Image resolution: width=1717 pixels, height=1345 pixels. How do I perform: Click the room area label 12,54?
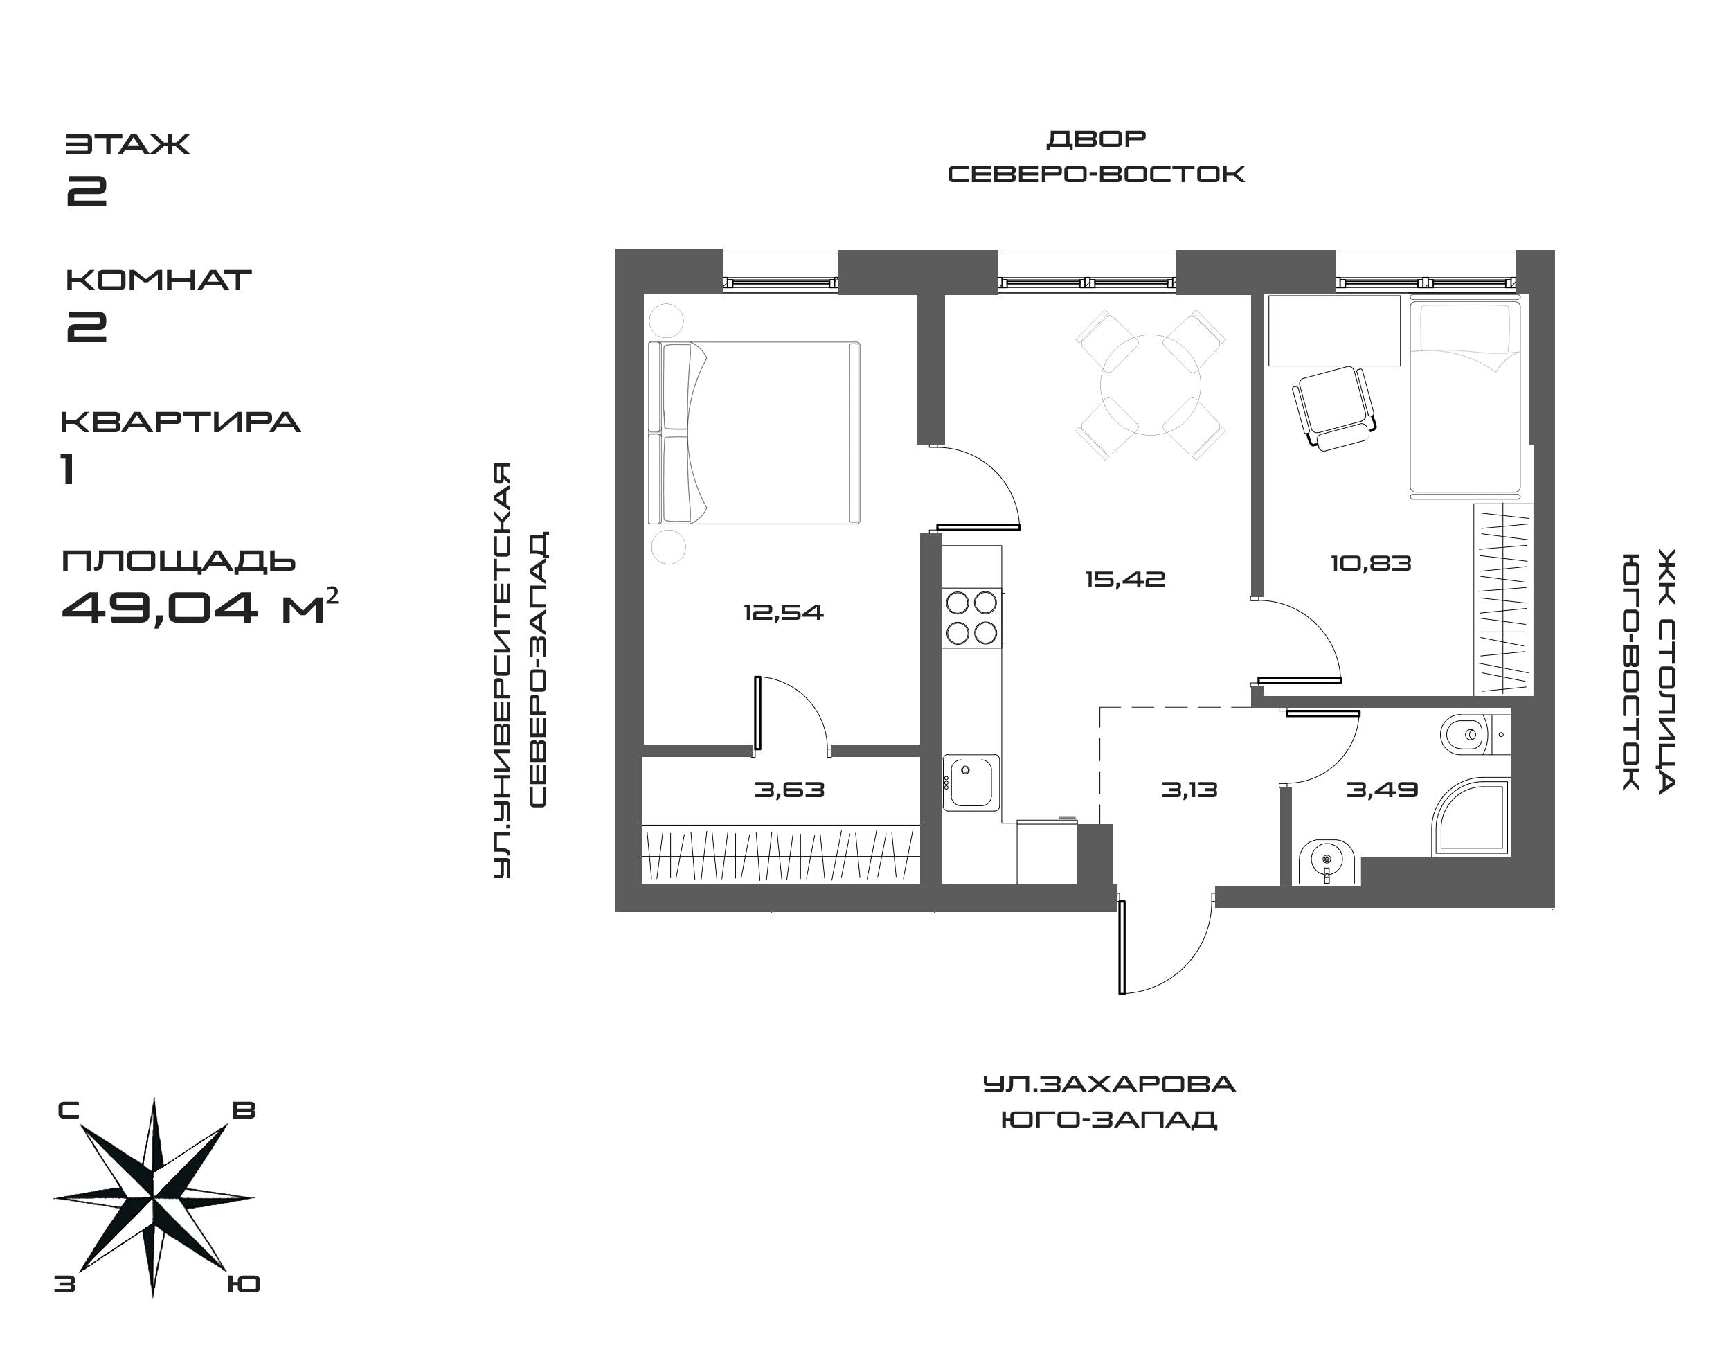tap(783, 612)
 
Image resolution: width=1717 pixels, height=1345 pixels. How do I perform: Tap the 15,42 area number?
tap(1124, 580)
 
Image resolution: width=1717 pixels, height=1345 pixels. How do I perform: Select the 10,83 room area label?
tap(1371, 564)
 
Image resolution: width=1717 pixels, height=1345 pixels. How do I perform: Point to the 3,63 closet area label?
tap(790, 789)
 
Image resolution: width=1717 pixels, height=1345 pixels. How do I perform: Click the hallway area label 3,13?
tap(1189, 789)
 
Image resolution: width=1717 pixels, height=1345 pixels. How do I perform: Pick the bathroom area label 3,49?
tap(1382, 789)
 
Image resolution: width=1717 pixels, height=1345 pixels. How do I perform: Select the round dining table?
tap(1150, 385)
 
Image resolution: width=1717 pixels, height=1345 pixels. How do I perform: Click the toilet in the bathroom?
tap(1466, 736)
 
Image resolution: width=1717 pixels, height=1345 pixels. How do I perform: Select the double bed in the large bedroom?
tap(753, 432)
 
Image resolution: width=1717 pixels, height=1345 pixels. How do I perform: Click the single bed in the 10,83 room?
tap(1464, 398)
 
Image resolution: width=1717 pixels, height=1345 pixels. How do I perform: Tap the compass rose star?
tap(154, 1197)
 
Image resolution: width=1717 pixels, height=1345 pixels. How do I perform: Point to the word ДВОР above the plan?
tap(1095, 140)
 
